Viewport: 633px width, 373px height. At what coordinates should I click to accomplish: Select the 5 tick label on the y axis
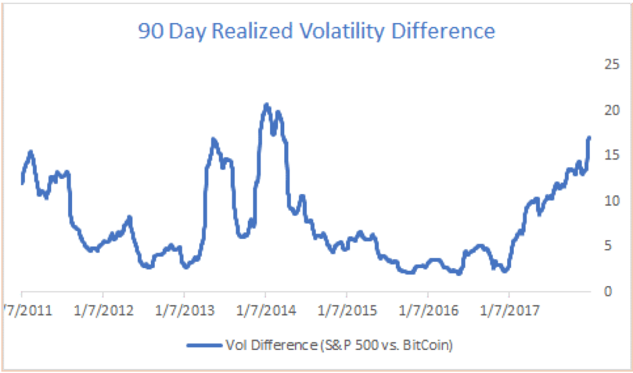[611, 246]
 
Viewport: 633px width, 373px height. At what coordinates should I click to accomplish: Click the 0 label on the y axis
[611, 292]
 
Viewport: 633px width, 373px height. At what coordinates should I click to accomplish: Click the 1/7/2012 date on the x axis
[102, 312]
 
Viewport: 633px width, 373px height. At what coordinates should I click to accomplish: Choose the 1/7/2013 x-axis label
[184, 312]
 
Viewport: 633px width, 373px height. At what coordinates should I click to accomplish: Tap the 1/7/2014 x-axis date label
[265, 312]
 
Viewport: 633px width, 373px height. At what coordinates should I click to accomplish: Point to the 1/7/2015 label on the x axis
[346, 312]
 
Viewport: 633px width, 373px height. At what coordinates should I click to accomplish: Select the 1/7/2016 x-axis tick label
[428, 312]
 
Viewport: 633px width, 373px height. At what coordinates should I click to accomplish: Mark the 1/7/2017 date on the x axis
[509, 312]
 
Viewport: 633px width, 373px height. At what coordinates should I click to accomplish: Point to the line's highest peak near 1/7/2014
[266, 105]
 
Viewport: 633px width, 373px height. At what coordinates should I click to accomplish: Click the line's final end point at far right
[589, 137]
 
